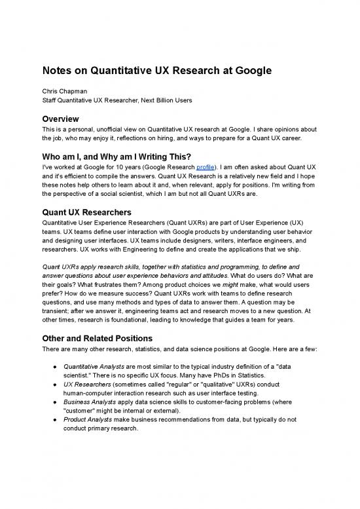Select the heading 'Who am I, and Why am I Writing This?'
[x=130, y=148]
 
